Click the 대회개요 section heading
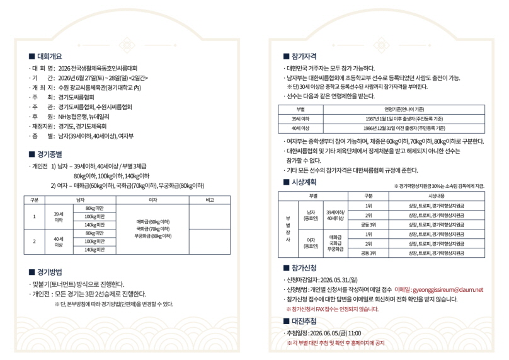[49, 56]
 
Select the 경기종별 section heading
[49, 153]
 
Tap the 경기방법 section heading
[49, 272]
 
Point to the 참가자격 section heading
[304, 56]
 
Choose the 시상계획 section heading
[304, 182]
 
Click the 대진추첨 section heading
[304, 321]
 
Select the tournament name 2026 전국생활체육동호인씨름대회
[101, 67]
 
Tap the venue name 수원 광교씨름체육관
[81, 88]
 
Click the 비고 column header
[209, 200]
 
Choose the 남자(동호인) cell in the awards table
[310, 215]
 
